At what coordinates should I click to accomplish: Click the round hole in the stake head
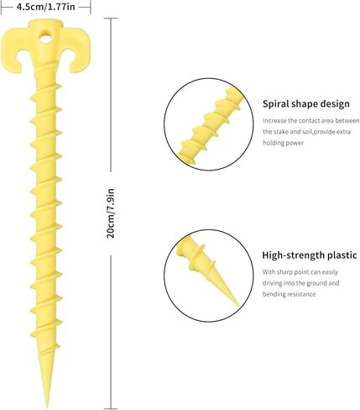(45, 38)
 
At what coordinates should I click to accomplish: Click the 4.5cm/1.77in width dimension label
(46, 7)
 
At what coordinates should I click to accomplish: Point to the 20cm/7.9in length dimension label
(111, 213)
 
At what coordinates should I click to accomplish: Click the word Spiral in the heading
(275, 104)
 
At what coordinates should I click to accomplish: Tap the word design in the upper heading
(335, 103)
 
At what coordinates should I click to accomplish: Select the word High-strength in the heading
(293, 255)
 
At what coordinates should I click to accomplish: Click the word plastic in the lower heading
(342, 255)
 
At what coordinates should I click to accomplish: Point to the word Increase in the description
(274, 121)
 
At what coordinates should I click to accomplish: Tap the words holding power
(283, 143)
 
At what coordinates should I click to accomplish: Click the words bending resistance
(289, 294)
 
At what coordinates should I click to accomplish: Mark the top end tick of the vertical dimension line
(111, 18)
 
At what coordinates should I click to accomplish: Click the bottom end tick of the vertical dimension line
(111, 408)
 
